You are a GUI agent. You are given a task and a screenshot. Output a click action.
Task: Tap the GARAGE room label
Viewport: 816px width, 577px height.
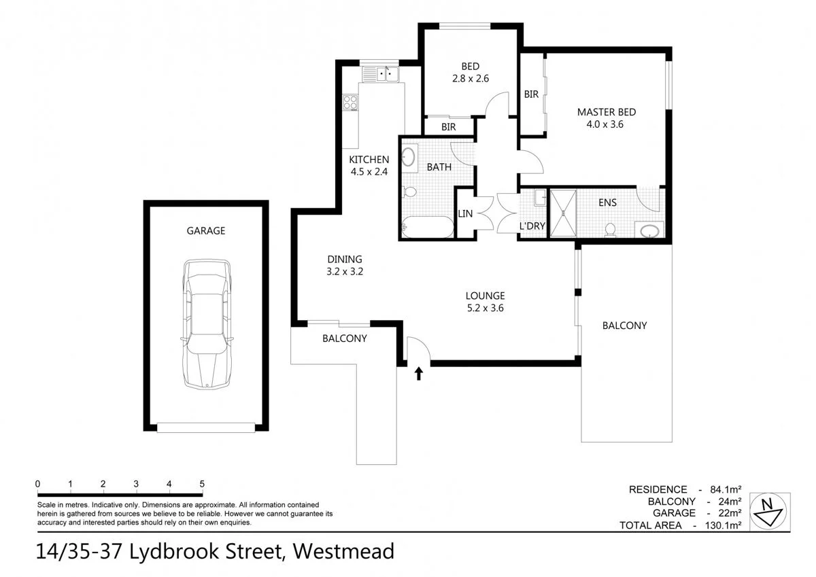pyautogui.click(x=206, y=231)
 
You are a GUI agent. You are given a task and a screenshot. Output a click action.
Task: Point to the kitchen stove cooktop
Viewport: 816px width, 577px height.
pyautogui.click(x=351, y=103)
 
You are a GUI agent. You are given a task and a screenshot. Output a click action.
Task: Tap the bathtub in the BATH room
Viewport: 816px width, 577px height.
pyautogui.click(x=427, y=227)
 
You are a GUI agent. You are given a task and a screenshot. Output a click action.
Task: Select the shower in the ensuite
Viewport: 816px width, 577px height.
pyautogui.click(x=562, y=213)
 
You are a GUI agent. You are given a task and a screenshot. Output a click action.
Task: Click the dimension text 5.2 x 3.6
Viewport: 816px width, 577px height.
pyautogui.click(x=485, y=307)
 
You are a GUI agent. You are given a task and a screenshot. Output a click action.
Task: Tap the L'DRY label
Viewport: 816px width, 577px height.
pyautogui.click(x=532, y=226)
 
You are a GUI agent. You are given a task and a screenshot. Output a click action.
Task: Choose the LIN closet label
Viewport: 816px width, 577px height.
pyautogui.click(x=466, y=213)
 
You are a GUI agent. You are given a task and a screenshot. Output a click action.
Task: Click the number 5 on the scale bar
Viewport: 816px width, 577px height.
pyautogui.click(x=202, y=484)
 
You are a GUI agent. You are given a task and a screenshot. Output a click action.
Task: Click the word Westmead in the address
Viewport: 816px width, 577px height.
pyautogui.click(x=343, y=550)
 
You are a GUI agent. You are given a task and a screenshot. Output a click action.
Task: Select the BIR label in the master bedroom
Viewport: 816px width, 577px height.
pyautogui.click(x=531, y=94)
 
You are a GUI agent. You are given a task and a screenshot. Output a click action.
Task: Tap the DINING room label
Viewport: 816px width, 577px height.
pyautogui.click(x=345, y=259)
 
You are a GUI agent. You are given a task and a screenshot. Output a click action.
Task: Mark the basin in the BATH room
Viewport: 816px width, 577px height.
pyautogui.click(x=408, y=158)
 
